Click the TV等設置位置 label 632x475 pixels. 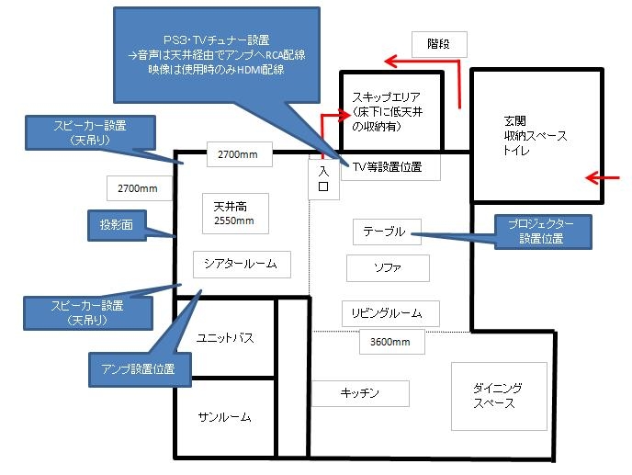coord(389,166)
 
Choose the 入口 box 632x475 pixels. coord(322,177)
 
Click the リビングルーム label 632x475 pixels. coord(389,313)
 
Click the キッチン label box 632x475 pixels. coord(360,393)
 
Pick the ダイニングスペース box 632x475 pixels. coord(498,395)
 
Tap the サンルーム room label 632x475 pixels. coord(225,417)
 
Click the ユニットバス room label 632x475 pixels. coord(225,338)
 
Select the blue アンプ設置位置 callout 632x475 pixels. coord(140,369)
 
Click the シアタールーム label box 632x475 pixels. coord(242,265)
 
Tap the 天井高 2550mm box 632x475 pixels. coord(234,214)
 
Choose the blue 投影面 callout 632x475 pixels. coord(116,224)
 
